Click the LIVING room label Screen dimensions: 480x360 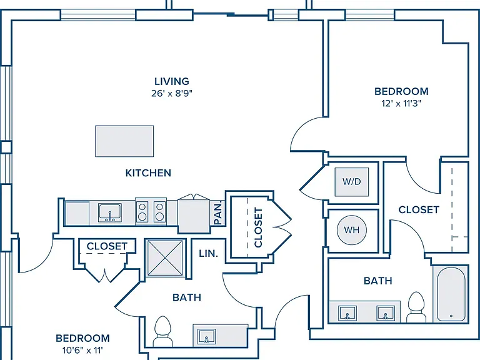pos(172,81)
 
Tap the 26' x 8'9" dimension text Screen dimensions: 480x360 pos(172,93)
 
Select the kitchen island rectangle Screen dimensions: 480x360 pos(124,141)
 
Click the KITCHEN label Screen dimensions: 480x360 pos(148,173)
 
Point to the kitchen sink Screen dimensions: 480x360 pos(110,212)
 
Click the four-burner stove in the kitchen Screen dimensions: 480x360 pos(151,211)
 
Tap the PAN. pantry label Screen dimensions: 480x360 pos(218,213)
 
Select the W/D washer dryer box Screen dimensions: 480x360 pos(352,182)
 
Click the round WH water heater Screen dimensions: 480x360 pos(351,230)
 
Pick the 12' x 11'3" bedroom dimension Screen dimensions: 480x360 pos(401,104)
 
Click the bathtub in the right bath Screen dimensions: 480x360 pos(451,294)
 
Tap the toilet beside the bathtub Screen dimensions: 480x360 pos(416,307)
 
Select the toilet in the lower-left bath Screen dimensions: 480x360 pos(162,331)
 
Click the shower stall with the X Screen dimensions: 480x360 pos(165,258)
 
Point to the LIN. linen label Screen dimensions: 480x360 pos(209,254)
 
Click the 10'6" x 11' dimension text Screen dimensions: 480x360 pos(82,350)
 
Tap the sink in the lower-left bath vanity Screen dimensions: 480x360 pos(207,336)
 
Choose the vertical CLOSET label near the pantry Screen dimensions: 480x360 pos(258,227)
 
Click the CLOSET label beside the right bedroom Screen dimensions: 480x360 pos(419,210)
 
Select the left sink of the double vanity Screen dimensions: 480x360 pos(347,313)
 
